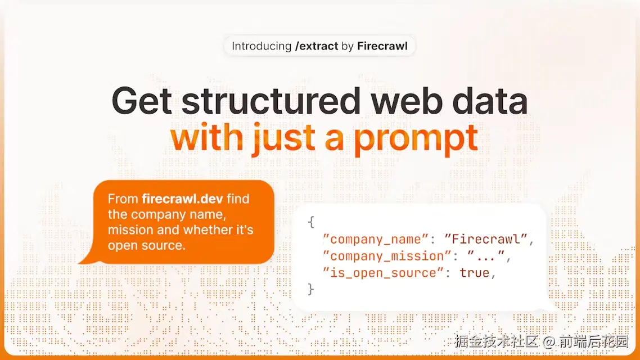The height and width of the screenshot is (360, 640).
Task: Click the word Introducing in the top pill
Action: [x=262, y=46]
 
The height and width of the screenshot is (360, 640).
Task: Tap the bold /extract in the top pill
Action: [x=317, y=46]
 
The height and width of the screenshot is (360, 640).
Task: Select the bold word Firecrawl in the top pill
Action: [x=382, y=46]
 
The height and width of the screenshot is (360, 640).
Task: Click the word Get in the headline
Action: [x=142, y=101]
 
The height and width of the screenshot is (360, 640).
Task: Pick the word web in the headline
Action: [x=407, y=101]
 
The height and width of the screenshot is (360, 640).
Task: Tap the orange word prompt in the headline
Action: [x=416, y=139]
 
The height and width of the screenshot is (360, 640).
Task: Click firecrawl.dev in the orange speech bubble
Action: [x=182, y=199]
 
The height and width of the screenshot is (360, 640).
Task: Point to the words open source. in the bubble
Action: [x=147, y=245]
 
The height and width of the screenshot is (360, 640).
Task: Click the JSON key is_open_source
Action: [x=383, y=273]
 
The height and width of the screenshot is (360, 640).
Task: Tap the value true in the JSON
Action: [x=474, y=273]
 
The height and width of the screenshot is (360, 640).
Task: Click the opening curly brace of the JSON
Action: [x=311, y=222]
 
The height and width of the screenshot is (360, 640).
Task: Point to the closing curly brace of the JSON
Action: [x=311, y=289]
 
